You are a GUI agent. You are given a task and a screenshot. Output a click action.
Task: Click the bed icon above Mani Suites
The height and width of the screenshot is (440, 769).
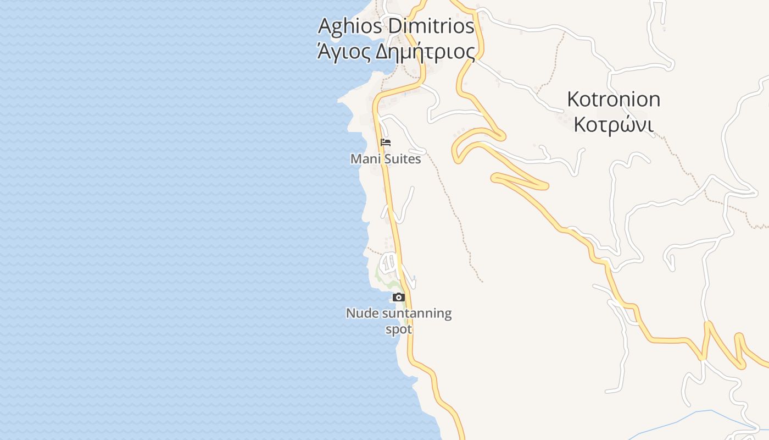point(386,142)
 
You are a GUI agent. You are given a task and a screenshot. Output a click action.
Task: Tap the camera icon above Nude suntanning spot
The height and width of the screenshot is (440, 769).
point(399,298)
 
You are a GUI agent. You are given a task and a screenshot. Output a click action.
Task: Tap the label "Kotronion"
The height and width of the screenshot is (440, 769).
point(614,100)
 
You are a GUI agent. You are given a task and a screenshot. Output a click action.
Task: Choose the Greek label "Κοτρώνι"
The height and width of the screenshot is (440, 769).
point(614,125)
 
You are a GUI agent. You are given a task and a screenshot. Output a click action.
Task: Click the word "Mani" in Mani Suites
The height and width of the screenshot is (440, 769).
point(364,159)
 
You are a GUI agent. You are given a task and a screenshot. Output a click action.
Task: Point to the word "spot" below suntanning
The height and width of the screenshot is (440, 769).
point(398,329)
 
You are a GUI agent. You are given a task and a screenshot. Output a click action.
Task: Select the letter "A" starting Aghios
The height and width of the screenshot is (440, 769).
point(325,25)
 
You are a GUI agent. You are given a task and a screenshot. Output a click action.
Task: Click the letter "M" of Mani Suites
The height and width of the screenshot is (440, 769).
point(355,159)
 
